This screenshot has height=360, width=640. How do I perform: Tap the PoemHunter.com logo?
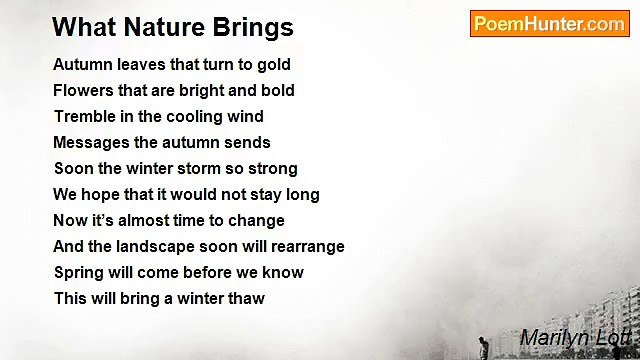pos(549,24)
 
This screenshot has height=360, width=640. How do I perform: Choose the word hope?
pos(99,195)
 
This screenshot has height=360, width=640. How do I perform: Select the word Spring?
pos(78,273)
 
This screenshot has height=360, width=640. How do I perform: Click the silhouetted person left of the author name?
pos(483,347)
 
